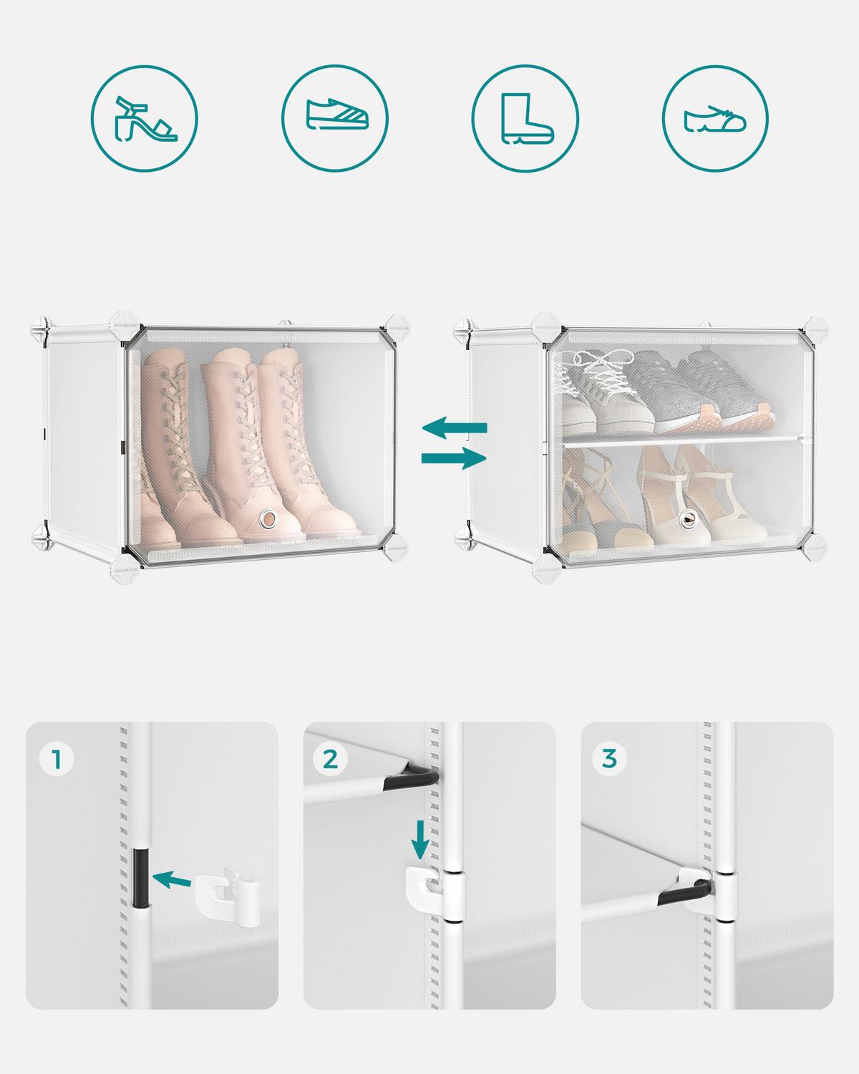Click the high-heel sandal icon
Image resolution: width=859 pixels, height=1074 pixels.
143,118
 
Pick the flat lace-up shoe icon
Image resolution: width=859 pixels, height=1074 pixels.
715,118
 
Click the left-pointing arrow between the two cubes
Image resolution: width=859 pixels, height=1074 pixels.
455,428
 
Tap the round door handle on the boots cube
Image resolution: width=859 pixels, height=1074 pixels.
269,518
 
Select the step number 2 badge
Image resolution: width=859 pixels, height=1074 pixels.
330,758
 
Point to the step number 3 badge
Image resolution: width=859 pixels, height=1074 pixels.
609,758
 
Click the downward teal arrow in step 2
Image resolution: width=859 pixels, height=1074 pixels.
421,839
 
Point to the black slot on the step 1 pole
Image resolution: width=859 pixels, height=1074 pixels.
141,877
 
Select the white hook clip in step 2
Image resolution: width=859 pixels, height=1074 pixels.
426,889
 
